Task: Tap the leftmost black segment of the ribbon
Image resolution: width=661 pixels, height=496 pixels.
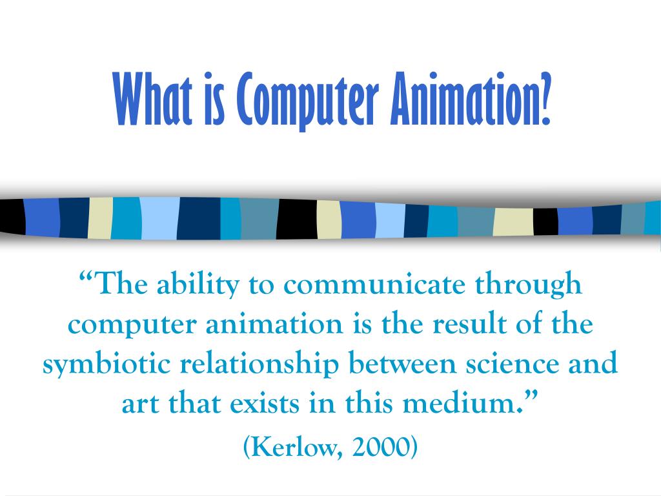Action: tap(12, 217)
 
